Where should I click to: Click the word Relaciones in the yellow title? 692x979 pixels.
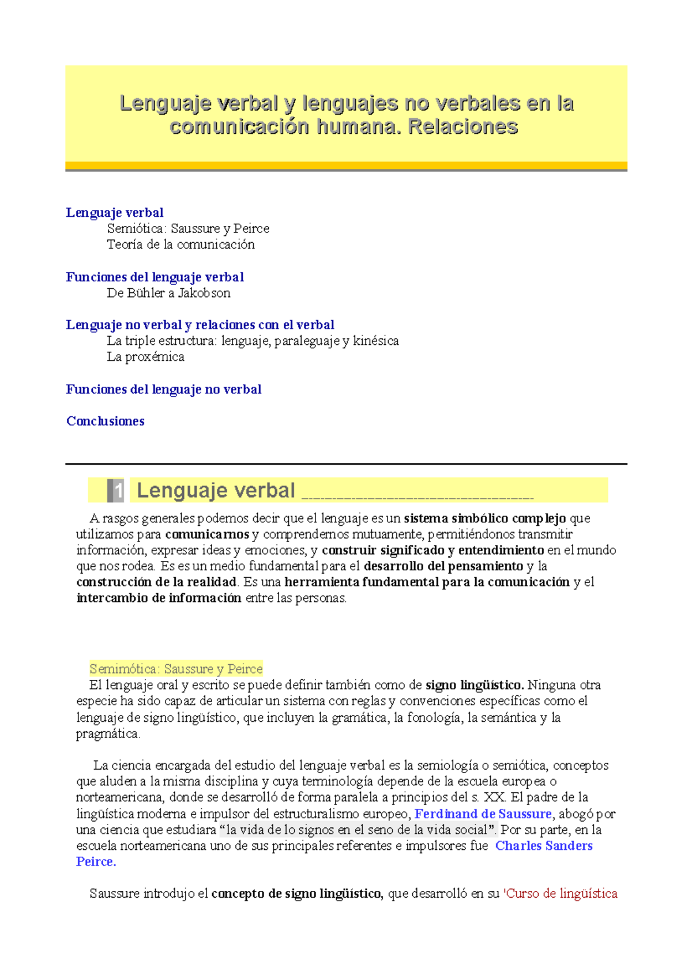pos(463,127)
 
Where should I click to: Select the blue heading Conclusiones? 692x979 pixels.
pos(106,421)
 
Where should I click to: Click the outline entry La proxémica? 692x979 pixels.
pos(145,357)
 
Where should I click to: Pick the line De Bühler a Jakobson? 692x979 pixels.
pos(168,293)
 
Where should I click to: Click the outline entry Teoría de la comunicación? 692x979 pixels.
pos(180,244)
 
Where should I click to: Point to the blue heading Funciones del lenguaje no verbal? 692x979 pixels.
pos(164,390)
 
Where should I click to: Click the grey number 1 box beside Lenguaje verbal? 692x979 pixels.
pos(115,491)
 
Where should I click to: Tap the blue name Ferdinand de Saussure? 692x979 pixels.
pos(483,814)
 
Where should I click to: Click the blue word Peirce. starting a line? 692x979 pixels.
pos(96,862)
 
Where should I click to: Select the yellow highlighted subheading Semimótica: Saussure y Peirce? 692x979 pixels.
pos(176,669)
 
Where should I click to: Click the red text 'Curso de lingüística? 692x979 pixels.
pos(561,894)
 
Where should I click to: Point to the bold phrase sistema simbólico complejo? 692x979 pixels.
pos(485,518)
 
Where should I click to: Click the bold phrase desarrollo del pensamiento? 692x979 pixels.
pos(443,566)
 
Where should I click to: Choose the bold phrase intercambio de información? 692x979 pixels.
pos(159,598)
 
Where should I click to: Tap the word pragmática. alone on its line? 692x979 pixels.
pos(108,734)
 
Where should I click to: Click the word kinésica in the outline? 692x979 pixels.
pos(375,341)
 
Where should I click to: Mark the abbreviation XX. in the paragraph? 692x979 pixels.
pos(495,797)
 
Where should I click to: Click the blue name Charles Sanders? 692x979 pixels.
pos(544,846)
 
